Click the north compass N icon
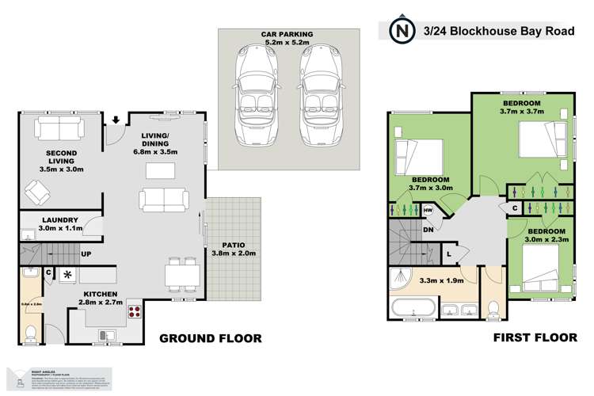tap(403, 31)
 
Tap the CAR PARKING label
tap(287, 35)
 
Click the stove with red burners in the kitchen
tap(133, 310)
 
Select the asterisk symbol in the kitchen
tap(68, 275)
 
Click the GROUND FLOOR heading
tap(210, 338)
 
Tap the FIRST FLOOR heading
tap(535, 338)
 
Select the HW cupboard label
tap(428, 210)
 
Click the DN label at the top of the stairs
tap(428, 230)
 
